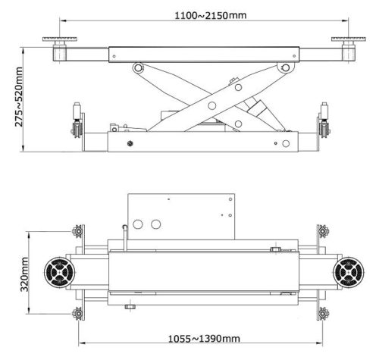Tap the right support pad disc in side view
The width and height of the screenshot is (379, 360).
349,39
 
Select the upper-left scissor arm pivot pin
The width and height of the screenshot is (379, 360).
138,69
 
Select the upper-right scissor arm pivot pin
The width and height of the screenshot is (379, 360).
285,69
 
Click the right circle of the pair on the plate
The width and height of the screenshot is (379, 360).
157,224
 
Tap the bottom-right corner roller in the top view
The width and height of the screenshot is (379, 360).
325,313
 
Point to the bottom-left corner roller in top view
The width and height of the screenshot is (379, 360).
76,313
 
